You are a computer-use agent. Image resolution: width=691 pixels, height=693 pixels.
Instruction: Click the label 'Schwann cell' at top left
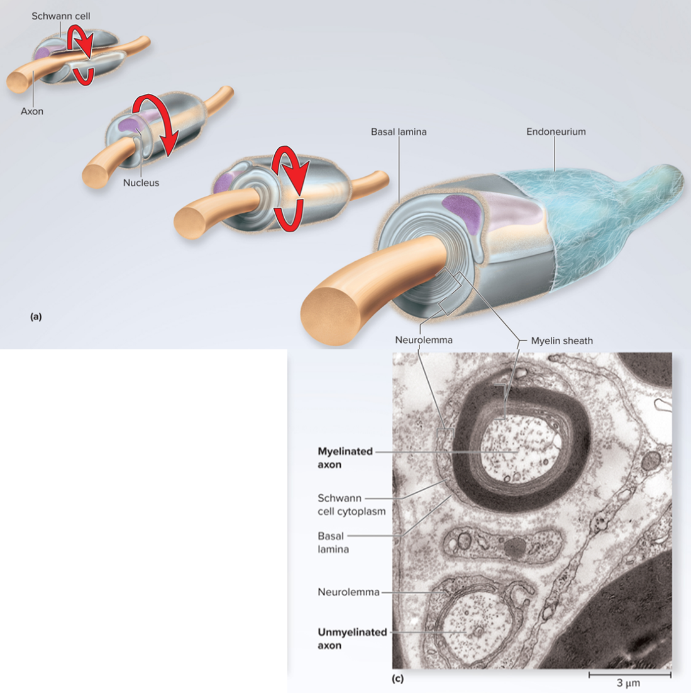[x=61, y=16]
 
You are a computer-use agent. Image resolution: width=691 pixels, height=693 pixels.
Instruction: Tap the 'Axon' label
[x=32, y=111]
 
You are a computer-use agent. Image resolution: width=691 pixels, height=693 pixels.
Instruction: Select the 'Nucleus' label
[x=141, y=183]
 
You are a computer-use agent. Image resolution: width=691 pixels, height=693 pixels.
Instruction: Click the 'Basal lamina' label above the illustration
[x=399, y=132]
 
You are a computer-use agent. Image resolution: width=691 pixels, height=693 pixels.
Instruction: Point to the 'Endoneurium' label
[x=556, y=132]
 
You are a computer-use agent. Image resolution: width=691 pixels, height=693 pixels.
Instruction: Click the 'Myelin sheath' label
[x=561, y=341]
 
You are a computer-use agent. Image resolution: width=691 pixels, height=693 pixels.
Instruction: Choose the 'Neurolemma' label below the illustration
[x=423, y=340]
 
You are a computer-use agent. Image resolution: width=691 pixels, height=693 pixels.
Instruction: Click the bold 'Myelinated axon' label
[x=345, y=458]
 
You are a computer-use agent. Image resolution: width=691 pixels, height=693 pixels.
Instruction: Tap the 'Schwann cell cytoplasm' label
[x=351, y=505]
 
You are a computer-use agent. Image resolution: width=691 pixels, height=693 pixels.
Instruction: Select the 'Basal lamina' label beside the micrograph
[x=332, y=543]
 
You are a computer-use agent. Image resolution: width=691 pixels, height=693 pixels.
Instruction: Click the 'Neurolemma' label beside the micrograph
[x=348, y=592]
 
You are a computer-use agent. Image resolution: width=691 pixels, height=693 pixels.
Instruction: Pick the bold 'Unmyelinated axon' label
[x=351, y=639]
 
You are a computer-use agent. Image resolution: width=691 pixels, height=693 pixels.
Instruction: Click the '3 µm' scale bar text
[x=628, y=683]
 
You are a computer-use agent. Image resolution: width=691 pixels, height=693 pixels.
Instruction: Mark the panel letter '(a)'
[x=36, y=317]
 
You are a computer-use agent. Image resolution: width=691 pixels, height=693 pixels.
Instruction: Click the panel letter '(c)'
[x=397, y=679]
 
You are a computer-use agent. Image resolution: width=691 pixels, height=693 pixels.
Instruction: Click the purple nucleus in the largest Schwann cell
[x=462, y=210]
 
